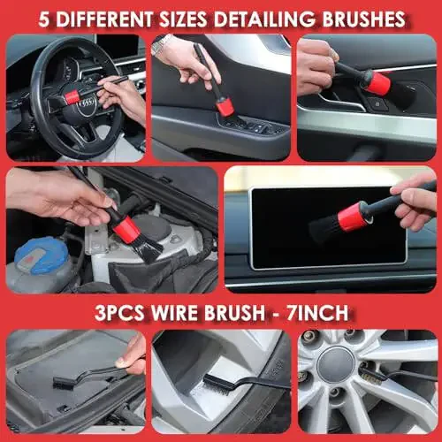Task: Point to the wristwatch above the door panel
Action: tap(161, 44)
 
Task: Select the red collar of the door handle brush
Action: tap(378, 84)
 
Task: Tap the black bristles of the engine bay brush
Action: tap(148, 249)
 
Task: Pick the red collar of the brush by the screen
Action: tap(355, 216)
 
